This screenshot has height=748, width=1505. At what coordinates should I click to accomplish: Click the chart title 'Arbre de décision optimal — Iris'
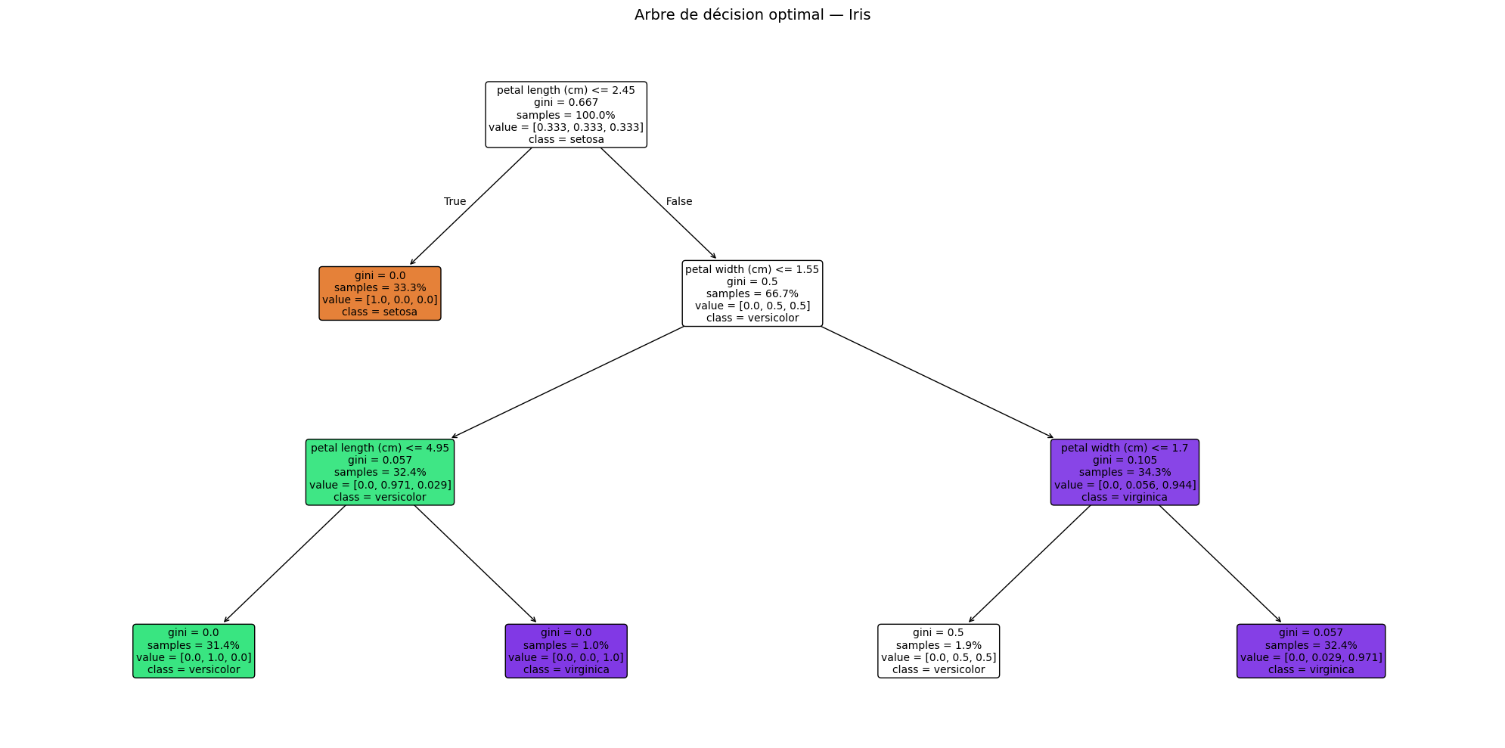coord(752,15)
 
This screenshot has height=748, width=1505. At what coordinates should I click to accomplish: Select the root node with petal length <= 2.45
coord(566,114)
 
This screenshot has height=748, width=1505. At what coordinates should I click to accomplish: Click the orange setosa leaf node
coord(380,293)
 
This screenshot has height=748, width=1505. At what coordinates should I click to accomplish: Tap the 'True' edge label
coord(455,201)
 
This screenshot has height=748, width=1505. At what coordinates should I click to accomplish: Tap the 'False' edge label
coord(678,201)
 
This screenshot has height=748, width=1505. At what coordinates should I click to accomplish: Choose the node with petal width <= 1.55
coord(752,293)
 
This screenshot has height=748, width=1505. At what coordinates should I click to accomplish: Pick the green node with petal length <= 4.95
coord(380,472)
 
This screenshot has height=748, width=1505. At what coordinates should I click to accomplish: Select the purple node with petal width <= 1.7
coord(1124,472)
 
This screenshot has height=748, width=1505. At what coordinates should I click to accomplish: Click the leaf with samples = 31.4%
coord(194,651)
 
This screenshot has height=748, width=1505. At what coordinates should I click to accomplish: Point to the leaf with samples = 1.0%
coord(566,651)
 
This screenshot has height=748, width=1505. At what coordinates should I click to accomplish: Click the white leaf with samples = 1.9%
coord(938,651)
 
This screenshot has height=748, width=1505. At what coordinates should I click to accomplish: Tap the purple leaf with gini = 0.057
coord(1311,651)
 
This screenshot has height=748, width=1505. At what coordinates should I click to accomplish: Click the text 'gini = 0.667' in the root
coord(566,102)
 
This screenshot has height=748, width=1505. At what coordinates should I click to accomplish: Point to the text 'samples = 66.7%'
coord(752,293)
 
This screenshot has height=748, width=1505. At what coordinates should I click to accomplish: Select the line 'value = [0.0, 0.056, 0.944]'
coord(1125,485)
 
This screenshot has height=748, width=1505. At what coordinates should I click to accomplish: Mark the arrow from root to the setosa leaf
coord(471,206)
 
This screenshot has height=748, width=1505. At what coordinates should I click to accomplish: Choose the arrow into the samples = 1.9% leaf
coord(1029,563)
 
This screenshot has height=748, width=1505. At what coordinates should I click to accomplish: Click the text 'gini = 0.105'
coord(1125,460)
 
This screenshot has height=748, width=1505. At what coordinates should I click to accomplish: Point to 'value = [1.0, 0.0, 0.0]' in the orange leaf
coord(380,300)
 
